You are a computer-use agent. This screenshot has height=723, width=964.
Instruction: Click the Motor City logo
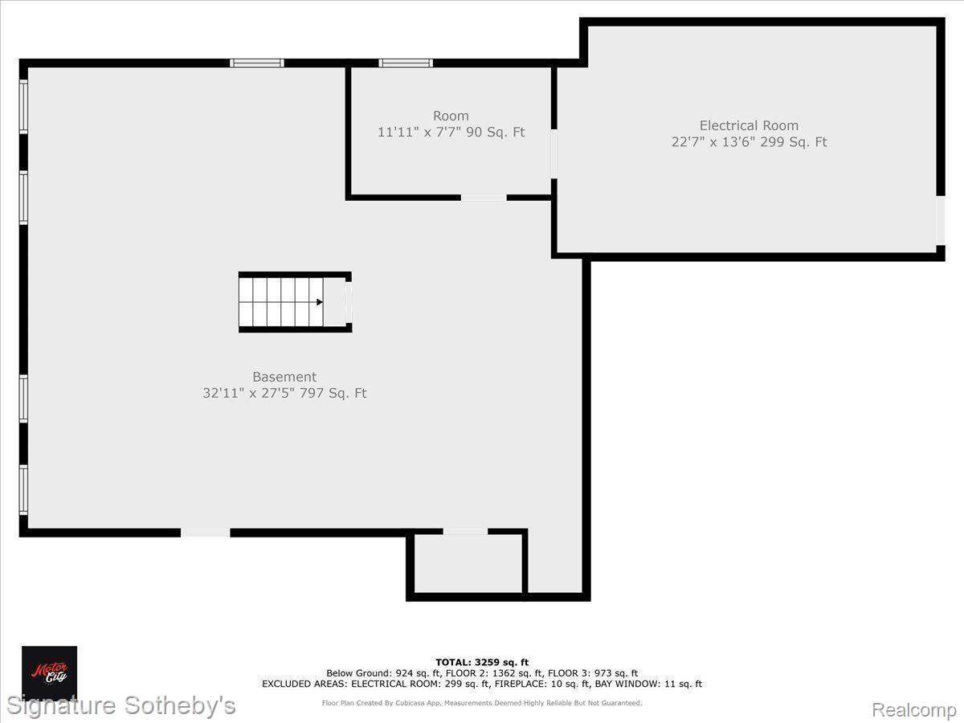point(49,673)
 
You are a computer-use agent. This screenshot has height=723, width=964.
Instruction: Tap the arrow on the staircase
point(320,302)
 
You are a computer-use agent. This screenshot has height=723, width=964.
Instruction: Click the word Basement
point(284,377)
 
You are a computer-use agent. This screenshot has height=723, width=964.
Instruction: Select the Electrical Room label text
point(749,125)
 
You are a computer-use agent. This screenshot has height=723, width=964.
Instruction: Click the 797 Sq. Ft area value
point(333,393)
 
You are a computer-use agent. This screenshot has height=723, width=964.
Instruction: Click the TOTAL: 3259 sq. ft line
point(482,662)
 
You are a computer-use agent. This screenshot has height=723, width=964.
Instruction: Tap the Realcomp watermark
point(913,709)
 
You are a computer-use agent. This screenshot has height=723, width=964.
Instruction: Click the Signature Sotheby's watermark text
point(121,705)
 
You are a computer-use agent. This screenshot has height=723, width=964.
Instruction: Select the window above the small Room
point(406,63)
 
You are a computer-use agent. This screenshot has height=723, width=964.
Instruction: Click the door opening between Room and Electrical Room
point(554,153)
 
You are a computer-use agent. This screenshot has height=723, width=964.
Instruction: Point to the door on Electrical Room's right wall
point(940,220)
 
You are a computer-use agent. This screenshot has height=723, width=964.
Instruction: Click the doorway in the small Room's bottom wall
point(484,198)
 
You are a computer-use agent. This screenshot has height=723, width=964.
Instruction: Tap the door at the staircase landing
point(349,303)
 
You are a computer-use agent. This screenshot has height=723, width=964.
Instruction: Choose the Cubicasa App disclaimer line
point(482,703)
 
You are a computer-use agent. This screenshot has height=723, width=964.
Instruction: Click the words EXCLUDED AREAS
point(304,684)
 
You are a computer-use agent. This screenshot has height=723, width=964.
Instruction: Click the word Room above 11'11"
point(451,116)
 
